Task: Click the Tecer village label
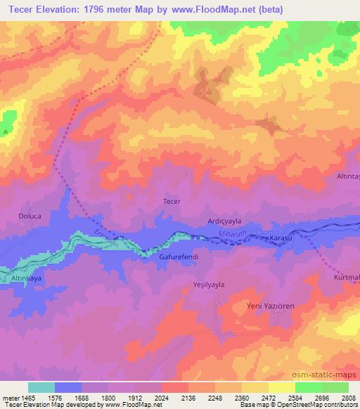[172, 202]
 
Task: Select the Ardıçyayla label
[225, 221]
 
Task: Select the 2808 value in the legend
[349, 397]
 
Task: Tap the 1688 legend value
[82, 397]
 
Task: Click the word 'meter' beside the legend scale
[11, 397]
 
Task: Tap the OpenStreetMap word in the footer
[316, 405]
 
